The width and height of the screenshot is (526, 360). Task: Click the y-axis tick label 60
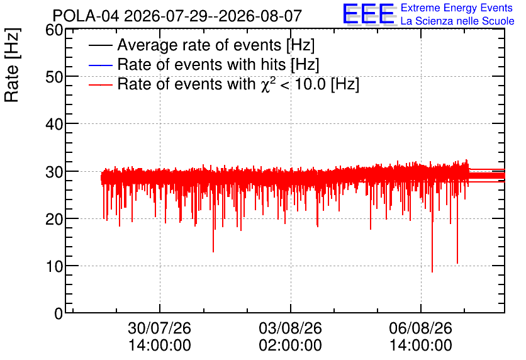54,30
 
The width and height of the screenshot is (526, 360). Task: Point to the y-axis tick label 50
54,77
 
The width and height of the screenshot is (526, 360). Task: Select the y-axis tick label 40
54,125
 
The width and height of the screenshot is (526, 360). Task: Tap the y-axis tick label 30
54,172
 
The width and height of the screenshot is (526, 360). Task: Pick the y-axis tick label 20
54,220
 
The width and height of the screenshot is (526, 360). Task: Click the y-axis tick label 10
54,267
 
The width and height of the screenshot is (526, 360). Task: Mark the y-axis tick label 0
59,313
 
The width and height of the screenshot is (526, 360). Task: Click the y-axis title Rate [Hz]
12,65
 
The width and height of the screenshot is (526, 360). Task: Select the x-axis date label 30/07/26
159,328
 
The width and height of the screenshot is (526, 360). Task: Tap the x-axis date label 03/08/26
290,328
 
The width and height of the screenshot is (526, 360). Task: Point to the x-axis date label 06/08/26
421,328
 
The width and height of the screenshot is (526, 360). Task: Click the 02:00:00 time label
290,345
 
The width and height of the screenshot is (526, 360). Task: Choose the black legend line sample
100,45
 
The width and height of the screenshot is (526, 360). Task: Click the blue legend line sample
100,65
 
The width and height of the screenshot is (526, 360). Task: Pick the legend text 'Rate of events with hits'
201,64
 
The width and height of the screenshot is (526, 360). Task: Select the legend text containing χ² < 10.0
238,84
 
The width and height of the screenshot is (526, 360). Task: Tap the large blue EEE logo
369,14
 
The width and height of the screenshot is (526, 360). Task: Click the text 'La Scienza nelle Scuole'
457,21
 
